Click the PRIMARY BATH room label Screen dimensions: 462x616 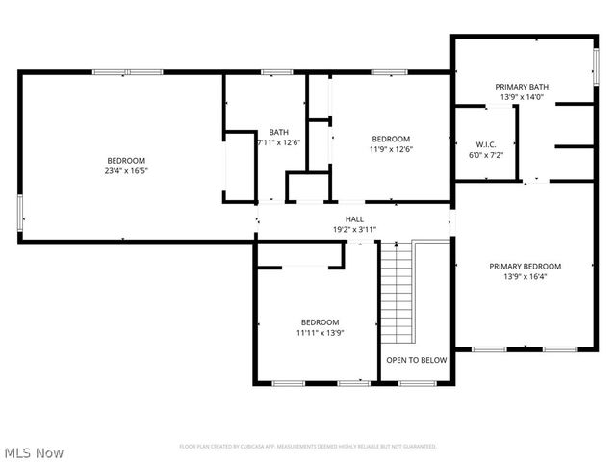522,86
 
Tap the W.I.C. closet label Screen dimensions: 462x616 485,143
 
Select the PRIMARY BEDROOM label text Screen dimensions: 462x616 525,267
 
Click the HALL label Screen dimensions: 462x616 354,219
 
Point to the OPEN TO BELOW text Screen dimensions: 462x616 416,360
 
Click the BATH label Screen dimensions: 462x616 278,132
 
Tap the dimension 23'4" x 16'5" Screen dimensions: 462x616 126,171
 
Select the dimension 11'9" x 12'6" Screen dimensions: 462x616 391,149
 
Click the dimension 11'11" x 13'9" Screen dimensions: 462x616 320,333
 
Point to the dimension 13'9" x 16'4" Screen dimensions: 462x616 525,277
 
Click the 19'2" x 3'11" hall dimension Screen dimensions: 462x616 354,230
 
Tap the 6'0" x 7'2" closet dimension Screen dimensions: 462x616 485,154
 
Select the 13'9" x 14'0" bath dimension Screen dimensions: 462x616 522,97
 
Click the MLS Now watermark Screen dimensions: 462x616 34,451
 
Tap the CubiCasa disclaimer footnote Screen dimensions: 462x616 308,447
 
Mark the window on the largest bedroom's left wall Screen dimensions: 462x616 20,212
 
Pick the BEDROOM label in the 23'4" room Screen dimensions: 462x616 126,160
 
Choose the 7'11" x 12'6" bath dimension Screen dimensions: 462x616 278,142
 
